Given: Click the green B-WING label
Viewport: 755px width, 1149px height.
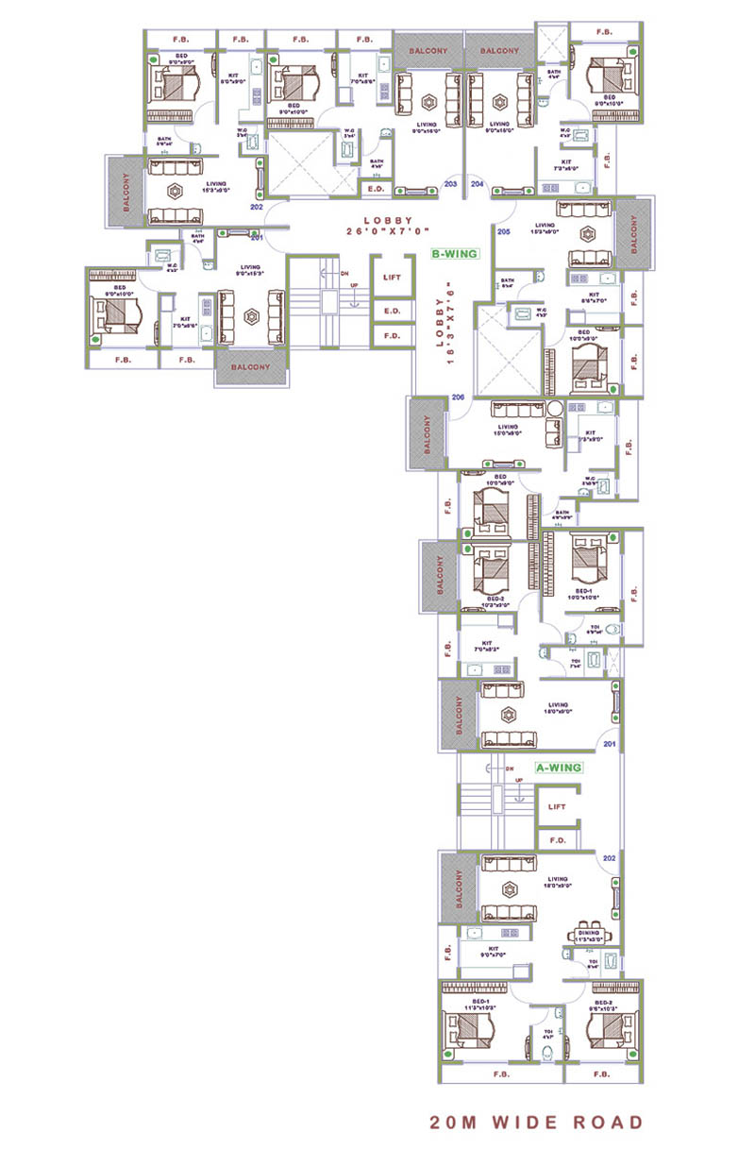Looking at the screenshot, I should tap(454, 254).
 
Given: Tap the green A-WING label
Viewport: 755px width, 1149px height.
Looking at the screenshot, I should tap(558, 769).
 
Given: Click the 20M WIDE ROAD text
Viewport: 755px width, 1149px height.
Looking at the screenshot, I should tap(536, 1123).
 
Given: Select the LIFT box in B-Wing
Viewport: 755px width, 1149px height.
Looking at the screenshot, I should tap(393, 279).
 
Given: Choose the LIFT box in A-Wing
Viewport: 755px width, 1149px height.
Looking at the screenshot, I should tap(557, 807).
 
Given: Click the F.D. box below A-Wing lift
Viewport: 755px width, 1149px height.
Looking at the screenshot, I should tap(557, 838).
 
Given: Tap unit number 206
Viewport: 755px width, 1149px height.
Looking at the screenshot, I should tap(459, 397).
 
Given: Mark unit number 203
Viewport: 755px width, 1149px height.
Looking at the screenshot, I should tap(450, 184).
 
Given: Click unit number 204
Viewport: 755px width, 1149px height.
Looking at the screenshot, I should tap(477, 184).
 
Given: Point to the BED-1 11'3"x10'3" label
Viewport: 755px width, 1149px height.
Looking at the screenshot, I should tap(479, 1005).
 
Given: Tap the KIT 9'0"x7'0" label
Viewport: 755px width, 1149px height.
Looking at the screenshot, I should tap(494, 952).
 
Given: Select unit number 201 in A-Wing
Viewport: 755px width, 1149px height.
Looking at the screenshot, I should tap(609, 744).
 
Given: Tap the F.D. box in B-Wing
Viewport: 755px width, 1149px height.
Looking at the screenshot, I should tap(393, 334).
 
